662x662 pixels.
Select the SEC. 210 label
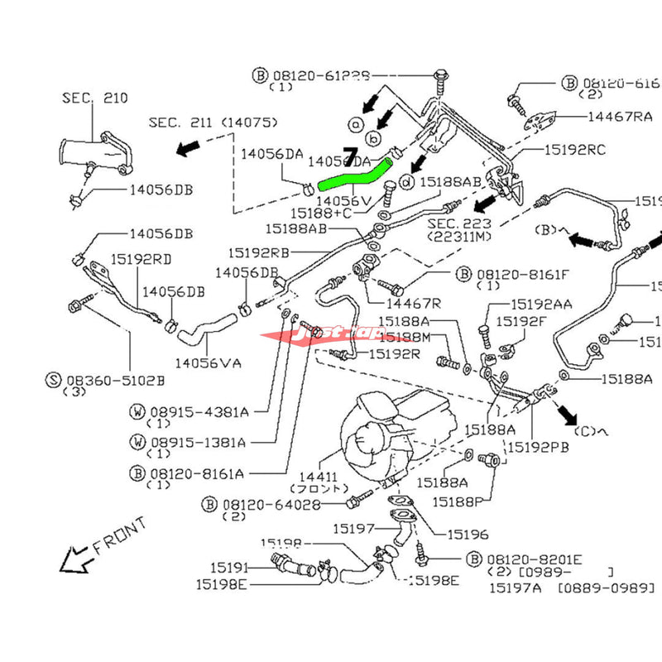[x=94, y=98]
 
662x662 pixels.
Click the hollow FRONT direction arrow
[x=74, y=557]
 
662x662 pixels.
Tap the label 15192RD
[x=142, y=259]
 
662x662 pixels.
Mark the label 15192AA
[x=540, y=305]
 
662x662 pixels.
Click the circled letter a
[x=356, y=123]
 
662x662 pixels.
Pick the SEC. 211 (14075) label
[x=213, y=122]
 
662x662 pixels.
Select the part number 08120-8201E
[x=539, y=559]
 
